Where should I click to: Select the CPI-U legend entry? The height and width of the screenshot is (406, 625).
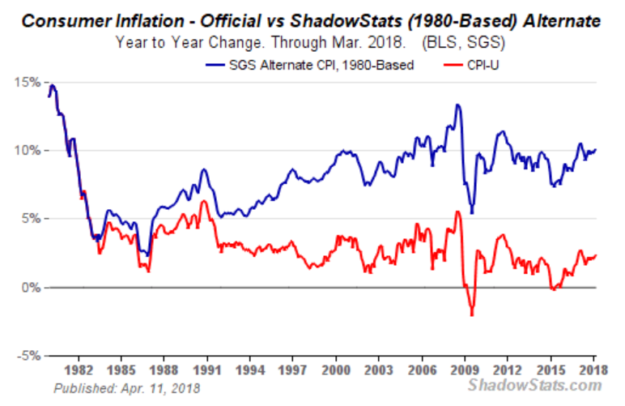point(484,65)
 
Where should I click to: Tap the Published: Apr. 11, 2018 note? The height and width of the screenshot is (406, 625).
point(127,388)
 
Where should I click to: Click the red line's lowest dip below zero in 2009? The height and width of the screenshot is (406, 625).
point(471,314)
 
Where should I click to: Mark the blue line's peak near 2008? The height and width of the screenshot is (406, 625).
point(458,105)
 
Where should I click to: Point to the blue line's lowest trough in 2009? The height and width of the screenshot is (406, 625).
point(471,212)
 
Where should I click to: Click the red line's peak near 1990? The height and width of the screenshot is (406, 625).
point(204,201)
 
